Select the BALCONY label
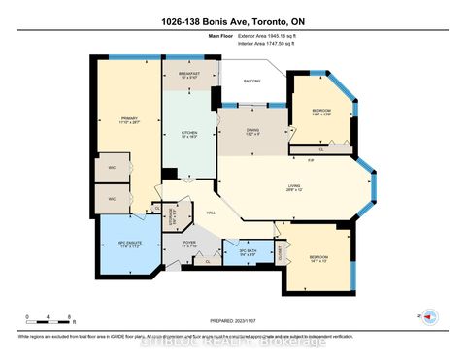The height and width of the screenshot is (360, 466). click(252, 82)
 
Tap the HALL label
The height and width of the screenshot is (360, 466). click(210, 213)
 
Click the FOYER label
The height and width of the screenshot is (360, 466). click(189, 244)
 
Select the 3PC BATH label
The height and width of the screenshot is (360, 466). click(250, 253)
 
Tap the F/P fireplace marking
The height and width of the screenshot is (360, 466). click(310, 160)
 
